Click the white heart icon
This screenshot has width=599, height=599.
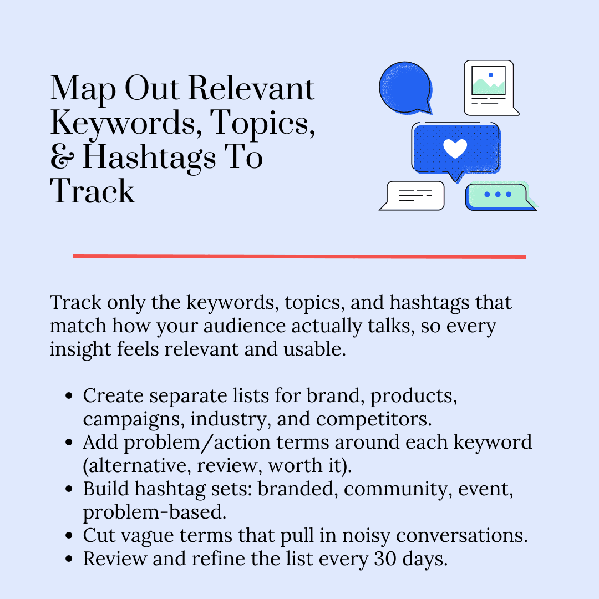[x=455, y=148]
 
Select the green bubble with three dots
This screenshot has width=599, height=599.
[x=498, y=195]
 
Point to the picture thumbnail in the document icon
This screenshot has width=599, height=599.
[x=488, y=81]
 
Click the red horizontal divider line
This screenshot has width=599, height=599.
[x=299, y=256]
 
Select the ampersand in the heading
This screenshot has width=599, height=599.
[x=62, y=158]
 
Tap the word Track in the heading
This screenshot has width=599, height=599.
[x=93, y=191]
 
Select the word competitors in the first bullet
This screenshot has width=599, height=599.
[x=383, y=419]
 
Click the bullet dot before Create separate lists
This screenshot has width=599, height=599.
[x=69, y=397]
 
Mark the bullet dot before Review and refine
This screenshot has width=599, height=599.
[x=69, y=559]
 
